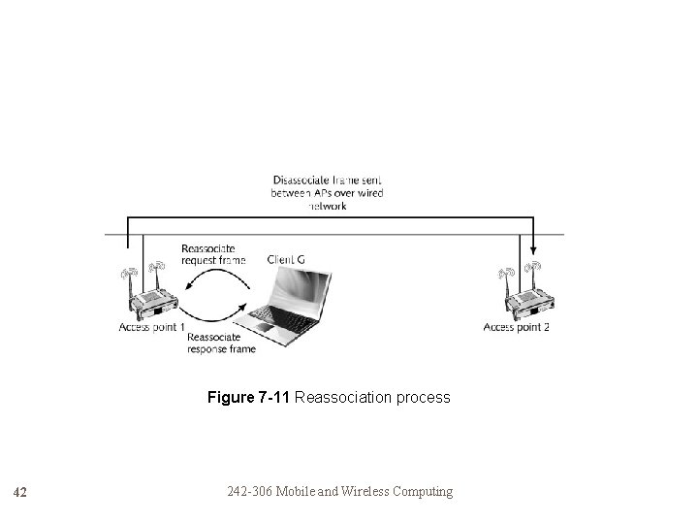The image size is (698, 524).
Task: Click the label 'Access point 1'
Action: (151, 328)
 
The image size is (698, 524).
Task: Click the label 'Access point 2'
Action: (517, 328)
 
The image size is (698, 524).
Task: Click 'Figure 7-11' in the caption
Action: (248, 397)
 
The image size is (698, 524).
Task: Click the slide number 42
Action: (22, 492)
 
